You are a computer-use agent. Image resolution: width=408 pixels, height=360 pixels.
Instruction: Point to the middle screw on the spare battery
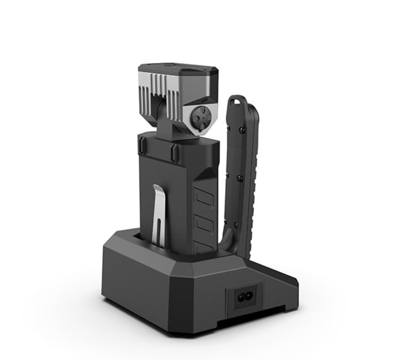point(239,178)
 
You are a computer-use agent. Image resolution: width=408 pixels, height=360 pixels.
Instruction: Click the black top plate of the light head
point(176,70)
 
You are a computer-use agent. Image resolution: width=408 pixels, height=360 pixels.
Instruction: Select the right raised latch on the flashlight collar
point(175,152)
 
